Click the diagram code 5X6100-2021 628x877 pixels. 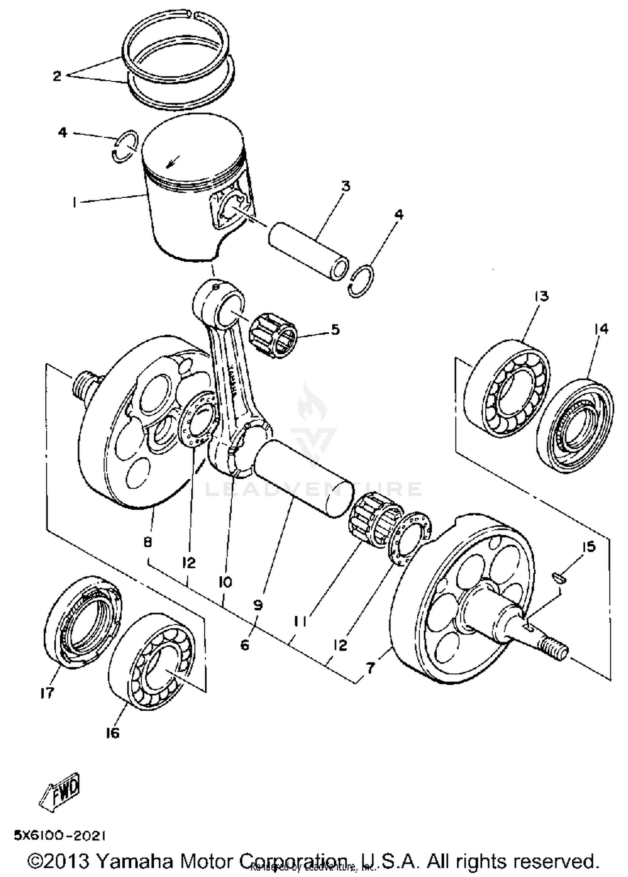coord(59,836)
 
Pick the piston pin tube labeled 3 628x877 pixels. coord(309,251)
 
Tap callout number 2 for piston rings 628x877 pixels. coord(57,76)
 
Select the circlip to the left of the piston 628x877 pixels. coord(125,146)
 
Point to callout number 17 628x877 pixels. coord(47,693)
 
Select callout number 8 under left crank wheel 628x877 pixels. coord(147,542)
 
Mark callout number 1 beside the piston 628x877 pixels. coord(74,203)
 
